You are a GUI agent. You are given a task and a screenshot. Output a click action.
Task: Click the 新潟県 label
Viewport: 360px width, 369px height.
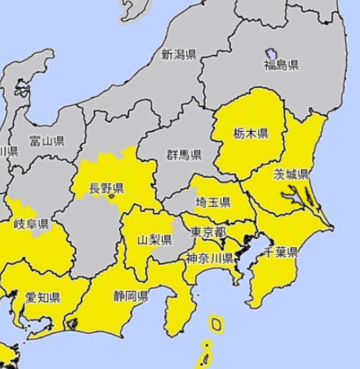[x=179, y=55]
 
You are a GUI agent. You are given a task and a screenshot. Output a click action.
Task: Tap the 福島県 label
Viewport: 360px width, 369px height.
[x=282, y=65]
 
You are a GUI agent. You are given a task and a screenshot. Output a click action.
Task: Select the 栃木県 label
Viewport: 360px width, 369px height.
[x=251, y=133]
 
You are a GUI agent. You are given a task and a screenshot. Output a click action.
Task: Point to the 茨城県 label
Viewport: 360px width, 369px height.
[x=291, y=174]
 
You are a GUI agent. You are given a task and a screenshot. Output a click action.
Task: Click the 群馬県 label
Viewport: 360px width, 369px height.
[x=184, y=156]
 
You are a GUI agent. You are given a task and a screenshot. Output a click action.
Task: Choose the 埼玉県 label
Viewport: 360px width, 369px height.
[x=213, y=202]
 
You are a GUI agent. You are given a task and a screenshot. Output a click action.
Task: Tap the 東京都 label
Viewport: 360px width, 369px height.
[x=208, y=232]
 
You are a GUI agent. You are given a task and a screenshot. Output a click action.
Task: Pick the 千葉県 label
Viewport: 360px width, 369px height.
[x=280, y=252]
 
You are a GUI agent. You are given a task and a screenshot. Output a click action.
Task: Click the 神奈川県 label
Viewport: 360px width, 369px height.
[x=209, y=258]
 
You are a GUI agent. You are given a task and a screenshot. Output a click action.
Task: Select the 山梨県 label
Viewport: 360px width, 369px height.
[x=154, y=240]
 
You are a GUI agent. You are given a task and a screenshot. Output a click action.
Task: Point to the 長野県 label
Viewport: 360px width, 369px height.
[x=107, y=188]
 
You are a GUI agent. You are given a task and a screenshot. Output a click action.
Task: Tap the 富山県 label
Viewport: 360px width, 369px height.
[x=47, y=141]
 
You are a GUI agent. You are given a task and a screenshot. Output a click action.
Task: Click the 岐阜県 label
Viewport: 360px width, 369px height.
[x=31, y=224]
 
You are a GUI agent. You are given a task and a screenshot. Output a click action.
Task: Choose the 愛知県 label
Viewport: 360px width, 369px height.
[x=43, y=297]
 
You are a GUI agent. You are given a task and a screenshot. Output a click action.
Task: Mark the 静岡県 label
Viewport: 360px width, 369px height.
[x=131, y=296]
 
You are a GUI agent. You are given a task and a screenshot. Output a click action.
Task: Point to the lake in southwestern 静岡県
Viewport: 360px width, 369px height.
[x=72, y=323]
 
